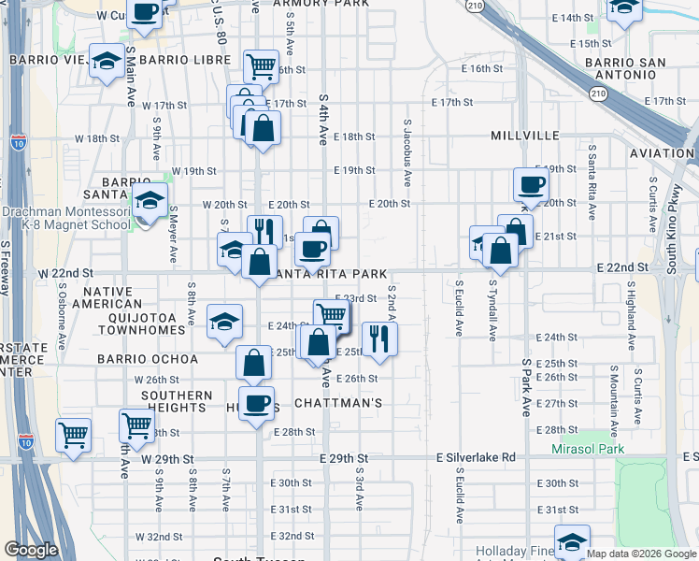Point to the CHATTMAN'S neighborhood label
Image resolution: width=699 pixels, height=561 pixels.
click(338, 403)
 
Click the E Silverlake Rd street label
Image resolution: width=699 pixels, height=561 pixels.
click(476, 457)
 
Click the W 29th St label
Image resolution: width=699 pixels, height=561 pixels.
click(167, 459)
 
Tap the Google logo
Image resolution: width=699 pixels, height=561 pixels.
click(31, 550)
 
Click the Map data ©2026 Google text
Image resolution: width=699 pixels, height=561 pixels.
click(642, 554)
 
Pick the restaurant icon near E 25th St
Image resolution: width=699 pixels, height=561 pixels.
click(378, 338)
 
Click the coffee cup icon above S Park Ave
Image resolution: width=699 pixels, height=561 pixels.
click(531, 184)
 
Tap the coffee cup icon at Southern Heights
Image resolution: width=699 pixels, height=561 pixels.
click(256, 403)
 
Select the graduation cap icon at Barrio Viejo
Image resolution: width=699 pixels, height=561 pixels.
click(107, 61)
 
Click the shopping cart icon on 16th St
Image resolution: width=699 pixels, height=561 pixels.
click(261, 65)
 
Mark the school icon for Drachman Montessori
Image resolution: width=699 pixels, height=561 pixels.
click(149, 202)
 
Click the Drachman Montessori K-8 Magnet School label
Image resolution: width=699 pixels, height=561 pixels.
click(65, 218)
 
